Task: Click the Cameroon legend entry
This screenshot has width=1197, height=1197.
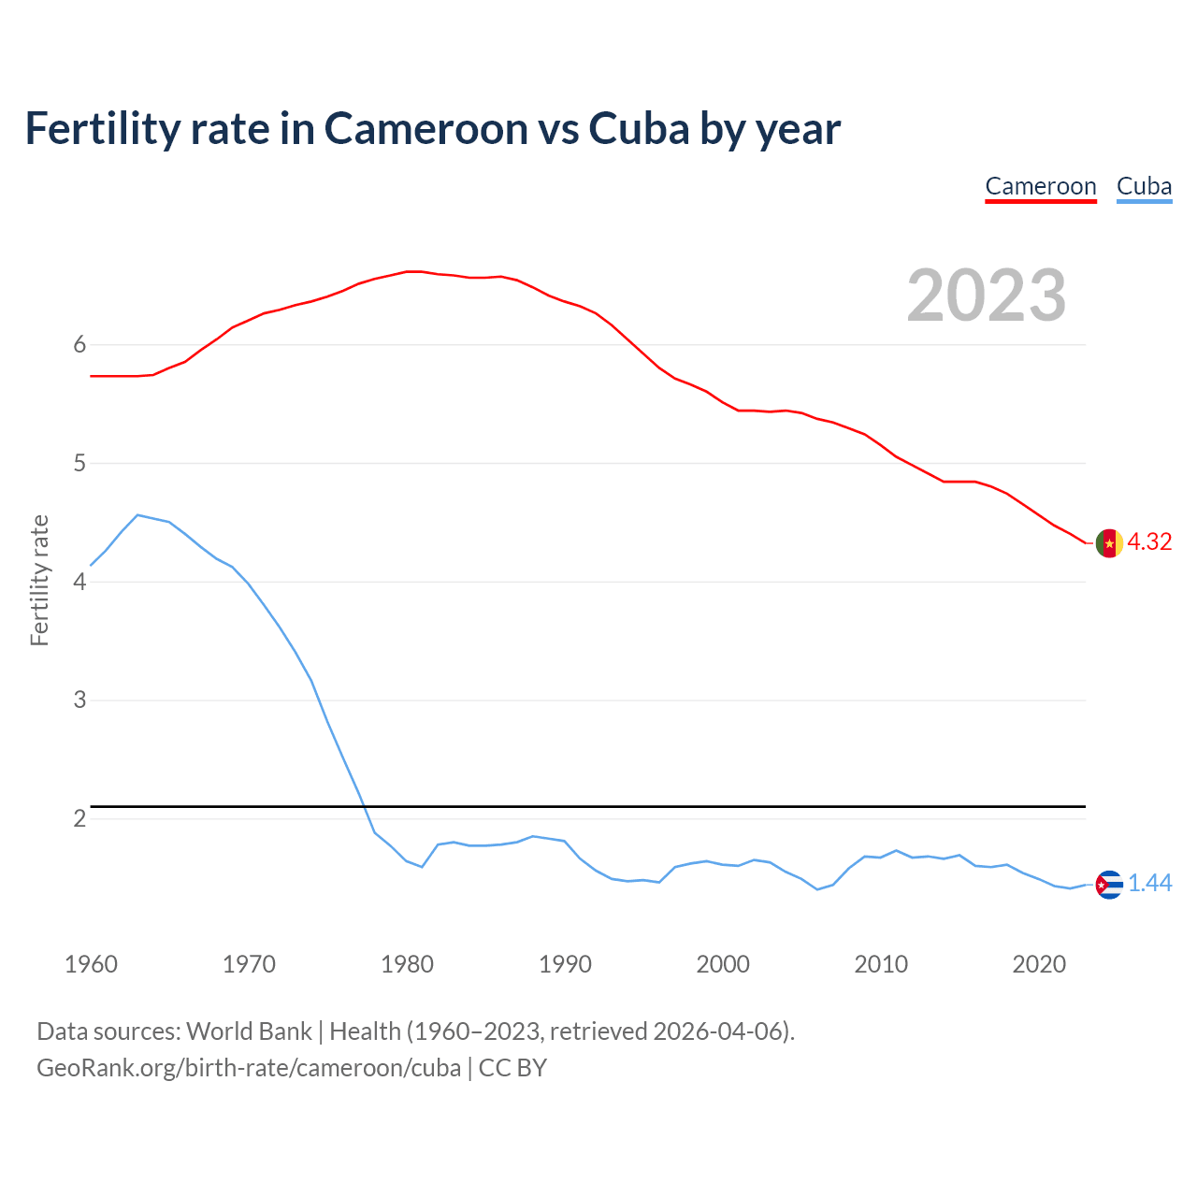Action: (x=1041, y=186)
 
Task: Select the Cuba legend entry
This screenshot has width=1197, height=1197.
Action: (x=1144, y=186)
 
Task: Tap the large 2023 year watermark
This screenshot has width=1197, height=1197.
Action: (x=987, y=296)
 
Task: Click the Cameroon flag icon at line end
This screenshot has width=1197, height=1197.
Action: (x=1109, y=542)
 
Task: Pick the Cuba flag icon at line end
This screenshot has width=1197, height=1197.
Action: (x=1109, y=884)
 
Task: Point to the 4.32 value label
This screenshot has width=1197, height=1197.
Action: (x=1149, y=542)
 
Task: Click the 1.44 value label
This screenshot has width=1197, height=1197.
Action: (x=1149, y=884)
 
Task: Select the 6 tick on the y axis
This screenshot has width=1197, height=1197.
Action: (x=79, y=345)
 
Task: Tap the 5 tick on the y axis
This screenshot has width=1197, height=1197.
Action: (x=79, y=464)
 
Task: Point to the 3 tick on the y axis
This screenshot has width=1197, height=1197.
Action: (x=79, y=700)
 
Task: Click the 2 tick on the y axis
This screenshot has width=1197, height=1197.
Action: (x=79, y=819)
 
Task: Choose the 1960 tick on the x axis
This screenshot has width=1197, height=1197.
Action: (x=91, y=964)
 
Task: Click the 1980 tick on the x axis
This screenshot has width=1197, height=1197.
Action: (x=407, y=964)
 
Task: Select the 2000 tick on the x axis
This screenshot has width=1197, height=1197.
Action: (x=723, y=964)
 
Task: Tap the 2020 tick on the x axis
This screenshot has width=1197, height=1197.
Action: (x=1039, y=964)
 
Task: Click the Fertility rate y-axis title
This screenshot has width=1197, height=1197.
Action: (x=39, y=580)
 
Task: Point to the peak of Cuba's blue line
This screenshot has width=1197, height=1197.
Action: (x=137, y=514)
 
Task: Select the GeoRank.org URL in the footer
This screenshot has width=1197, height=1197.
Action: (x=249, y=1068)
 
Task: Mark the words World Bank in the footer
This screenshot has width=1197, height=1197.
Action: (x=249, y=1031)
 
